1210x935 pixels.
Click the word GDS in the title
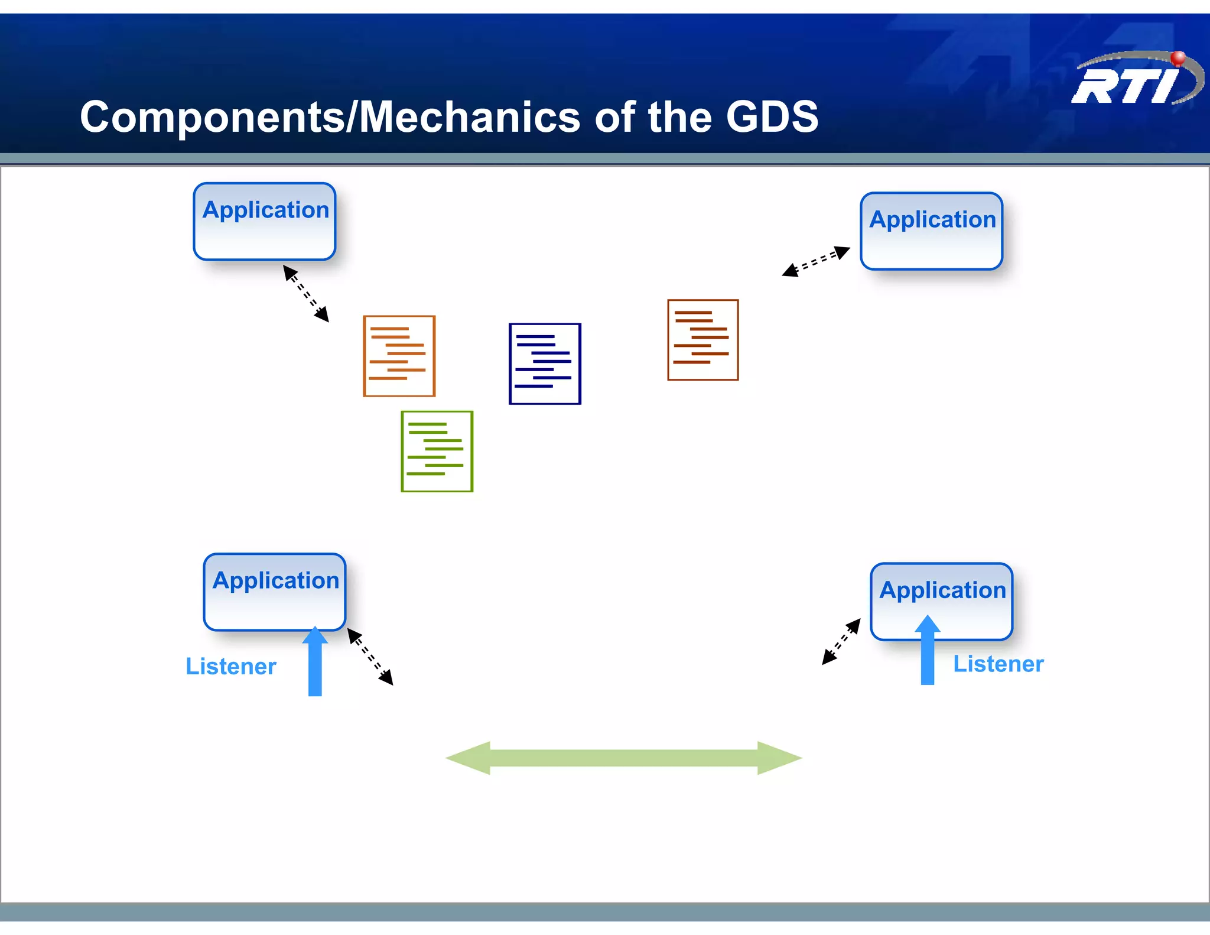(x=772, y=116)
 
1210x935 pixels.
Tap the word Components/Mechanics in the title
(x=330, y=117)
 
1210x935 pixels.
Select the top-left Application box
(x=265, y=222)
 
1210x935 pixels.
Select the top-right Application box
(x=931, y=231)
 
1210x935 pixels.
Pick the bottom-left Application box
(x=275, y=592)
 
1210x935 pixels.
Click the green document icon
(x=437, y=451)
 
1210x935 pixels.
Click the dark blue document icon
(x=545, y=363)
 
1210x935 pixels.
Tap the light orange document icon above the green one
(x=399, y=356)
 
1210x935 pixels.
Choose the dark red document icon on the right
(x=702, y=340)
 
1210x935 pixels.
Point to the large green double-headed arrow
(x=623, y=758)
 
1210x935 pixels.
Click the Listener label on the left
(x=231, y=666)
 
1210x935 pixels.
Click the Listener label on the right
(x=998, y=664)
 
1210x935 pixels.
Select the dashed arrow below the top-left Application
(x=306, y=293)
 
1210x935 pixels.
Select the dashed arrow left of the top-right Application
(x=816, y=261)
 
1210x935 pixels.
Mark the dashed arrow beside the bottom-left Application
(x=370, y=657)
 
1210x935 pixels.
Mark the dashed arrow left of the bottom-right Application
(x=841, y=641)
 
